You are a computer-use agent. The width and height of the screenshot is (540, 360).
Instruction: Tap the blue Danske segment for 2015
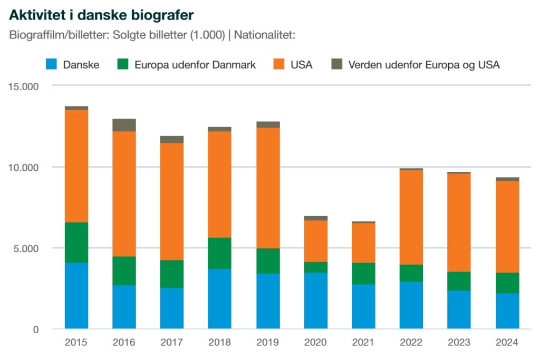(76, 295)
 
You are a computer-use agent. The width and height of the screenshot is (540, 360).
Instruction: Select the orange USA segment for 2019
(268, 188)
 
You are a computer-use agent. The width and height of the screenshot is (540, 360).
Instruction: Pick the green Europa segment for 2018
(219, 253)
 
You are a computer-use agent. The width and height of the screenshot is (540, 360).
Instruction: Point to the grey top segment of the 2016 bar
(124, 125)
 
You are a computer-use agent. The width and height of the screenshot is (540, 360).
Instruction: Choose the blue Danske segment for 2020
(315, 300)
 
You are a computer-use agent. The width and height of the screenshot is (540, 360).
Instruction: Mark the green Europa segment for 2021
(363, 273)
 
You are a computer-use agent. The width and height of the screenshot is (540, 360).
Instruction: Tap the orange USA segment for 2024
(507, 227)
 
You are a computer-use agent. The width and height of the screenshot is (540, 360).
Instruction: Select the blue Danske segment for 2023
(459, 309)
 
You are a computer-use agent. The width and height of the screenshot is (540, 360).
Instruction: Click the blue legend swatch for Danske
(51, 65)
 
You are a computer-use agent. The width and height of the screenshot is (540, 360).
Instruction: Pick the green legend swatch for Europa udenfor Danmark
(122, 65)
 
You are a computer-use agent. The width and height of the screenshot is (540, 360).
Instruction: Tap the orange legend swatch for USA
(278, 65)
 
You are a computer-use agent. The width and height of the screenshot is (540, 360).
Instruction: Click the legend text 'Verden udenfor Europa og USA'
(424, 65)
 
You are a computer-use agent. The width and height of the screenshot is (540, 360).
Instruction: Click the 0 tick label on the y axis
(36, 330)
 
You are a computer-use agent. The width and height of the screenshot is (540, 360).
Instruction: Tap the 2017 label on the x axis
(172, 343)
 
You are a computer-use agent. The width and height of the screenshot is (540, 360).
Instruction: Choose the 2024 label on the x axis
(507, 343)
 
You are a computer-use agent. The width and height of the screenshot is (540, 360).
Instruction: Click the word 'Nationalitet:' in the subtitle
(264, 36)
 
